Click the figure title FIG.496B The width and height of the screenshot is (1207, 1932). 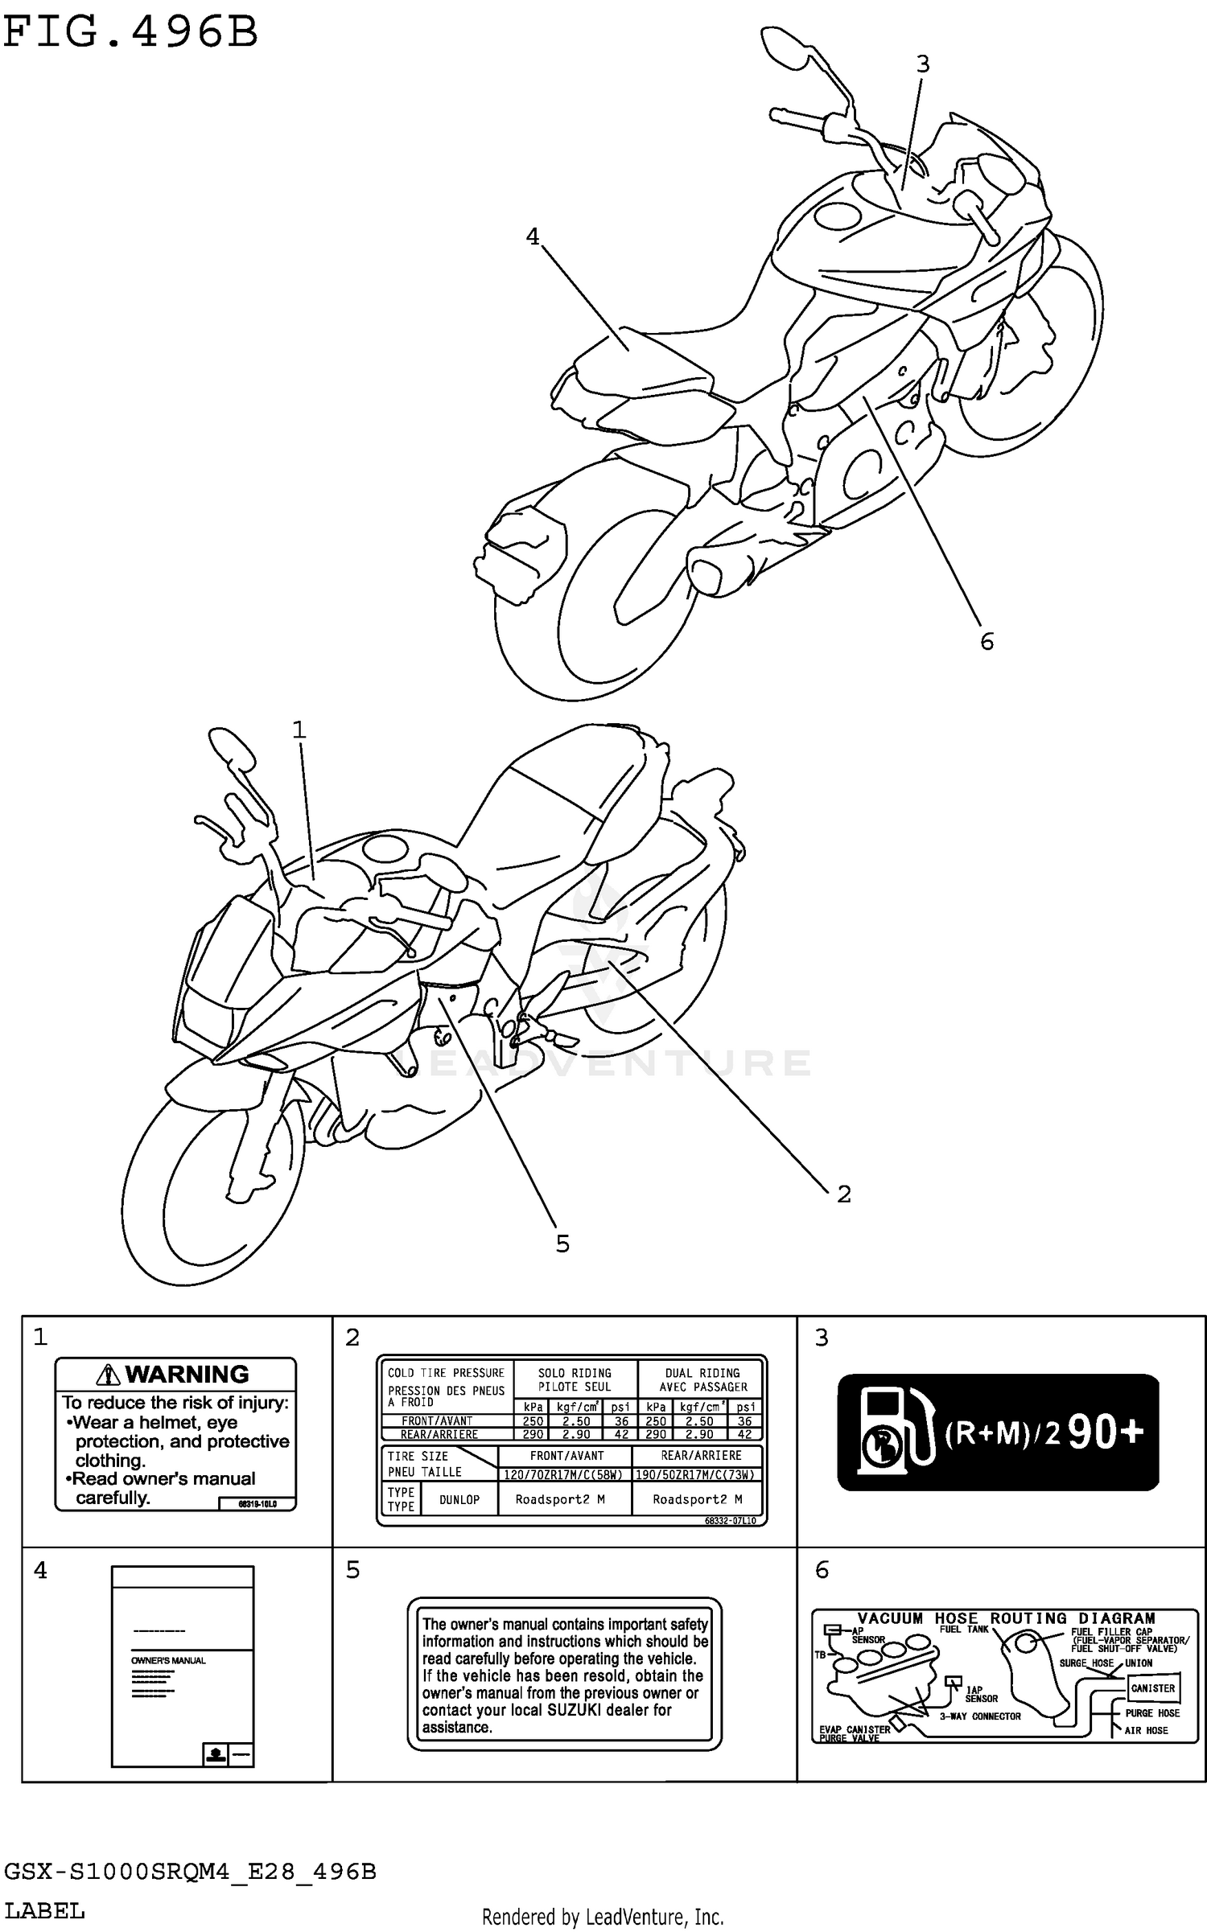click(x=130, y=34)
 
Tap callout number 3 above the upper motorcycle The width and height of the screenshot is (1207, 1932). click(x=922, y=64)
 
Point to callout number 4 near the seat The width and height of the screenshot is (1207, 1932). click(x=533, y=236)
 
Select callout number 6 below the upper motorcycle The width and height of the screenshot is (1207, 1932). click(x=987, y=641)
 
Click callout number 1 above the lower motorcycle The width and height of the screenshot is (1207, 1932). click(x=299, y=730)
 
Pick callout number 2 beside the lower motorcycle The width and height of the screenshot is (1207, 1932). click(x=843, y=1194)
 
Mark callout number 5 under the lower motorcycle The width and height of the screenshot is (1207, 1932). click(x=562, y=1243)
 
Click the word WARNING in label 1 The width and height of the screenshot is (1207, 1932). click(x=187, y=1374)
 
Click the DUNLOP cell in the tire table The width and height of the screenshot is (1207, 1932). click(x=459, y=1499)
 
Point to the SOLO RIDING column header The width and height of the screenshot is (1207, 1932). click(x=575, y=1379)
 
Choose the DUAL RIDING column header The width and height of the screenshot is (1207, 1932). click(x=702, y=1379)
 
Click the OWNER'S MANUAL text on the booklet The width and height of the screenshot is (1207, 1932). click(x=168, y=1660)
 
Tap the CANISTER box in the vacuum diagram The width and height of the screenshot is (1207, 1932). click(x=1152, y=1687)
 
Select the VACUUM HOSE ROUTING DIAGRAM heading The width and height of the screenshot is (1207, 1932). click(x=1006, y=1618)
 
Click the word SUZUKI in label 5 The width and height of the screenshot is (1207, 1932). click(x=573, y=1710)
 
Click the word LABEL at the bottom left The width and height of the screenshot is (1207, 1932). click(x=44, y=1910)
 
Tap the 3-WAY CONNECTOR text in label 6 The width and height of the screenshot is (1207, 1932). click(x=980, y=1716)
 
